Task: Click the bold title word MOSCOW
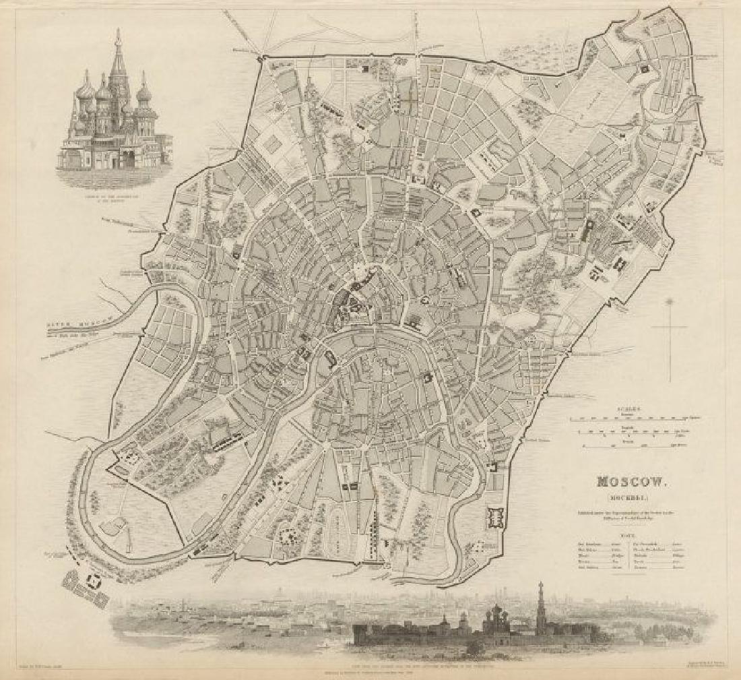(x=631, y=483)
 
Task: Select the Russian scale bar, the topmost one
(x=631, y=419)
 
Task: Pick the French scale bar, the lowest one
(x=631, y=445)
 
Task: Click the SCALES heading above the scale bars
(x=631, y=408)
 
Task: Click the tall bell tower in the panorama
(x=540, y=603)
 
